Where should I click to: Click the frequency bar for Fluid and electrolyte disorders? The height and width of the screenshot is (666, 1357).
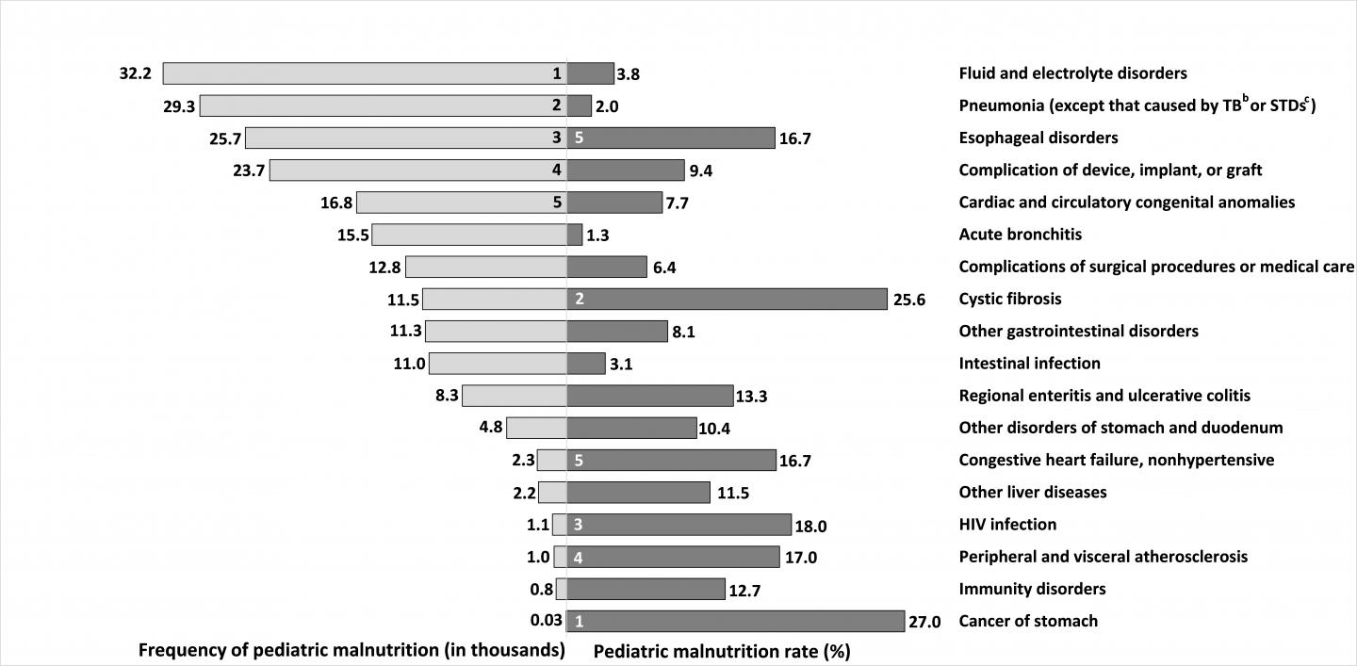click(x=364, y=73)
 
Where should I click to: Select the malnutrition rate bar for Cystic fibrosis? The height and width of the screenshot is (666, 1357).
click(x=727, y=300)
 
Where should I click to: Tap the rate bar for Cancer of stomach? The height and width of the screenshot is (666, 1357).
click(x=735, y=622)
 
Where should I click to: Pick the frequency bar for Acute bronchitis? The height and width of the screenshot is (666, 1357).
click(x=469, y=235)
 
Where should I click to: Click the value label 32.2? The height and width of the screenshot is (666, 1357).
click(x=136, y=73)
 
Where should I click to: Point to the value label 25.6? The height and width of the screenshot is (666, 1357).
click(x=908, y=300)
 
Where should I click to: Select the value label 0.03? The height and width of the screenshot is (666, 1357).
click(x=546, y=621)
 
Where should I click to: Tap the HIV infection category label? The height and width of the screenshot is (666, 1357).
click(x=1007, y=525)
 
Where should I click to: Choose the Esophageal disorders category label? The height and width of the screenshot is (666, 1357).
click(x=1038, y=138)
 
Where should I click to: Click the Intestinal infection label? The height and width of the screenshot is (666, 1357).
click(x=1029, y=364)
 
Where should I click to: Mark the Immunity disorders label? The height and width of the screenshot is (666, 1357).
click(x=1032, y=589)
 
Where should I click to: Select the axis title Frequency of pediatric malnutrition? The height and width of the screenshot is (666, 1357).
click(x=352, y=651)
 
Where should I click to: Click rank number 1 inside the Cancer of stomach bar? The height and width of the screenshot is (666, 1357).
click(x=579, y=622)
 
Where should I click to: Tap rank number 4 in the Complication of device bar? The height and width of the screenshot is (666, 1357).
click(x=556, y=171)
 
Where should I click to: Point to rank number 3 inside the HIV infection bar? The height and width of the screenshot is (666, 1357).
click(x=579, y=525)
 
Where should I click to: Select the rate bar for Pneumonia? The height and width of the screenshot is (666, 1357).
click(x=579, y=106)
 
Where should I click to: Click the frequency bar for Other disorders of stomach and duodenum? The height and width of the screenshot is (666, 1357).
click(x=536, y=428)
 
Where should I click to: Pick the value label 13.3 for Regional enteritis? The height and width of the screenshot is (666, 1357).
click(x=751, y=397)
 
